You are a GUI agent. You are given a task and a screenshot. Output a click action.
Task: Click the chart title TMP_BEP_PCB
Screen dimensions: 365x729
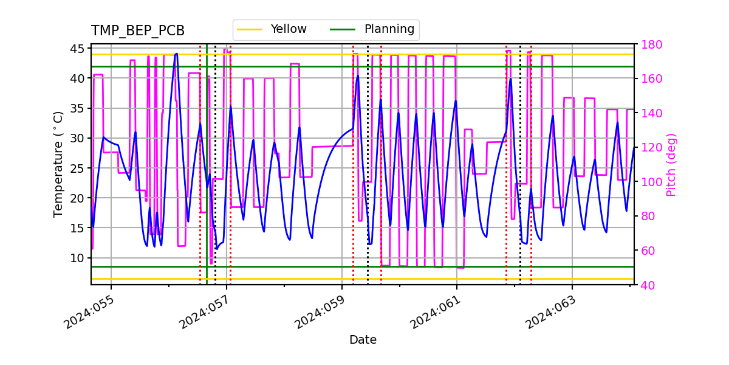[138, 31]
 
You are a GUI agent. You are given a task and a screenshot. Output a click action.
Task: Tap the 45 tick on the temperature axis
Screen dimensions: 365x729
[78, 48]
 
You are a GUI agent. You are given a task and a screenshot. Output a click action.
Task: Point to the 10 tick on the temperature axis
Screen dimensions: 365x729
[78, 258]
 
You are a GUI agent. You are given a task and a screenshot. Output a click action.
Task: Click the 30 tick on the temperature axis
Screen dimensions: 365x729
[78, 138]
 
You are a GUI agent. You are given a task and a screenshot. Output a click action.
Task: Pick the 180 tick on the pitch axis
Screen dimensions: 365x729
[648, 44]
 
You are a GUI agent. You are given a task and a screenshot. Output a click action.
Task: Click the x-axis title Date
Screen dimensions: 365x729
[363, 340]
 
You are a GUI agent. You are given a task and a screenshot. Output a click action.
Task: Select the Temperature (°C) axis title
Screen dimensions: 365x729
[58, 164]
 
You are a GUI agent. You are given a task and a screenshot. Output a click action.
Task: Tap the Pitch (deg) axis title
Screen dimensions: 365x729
[671, 164]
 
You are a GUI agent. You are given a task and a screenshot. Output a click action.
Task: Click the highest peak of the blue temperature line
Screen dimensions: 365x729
[176, 54]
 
